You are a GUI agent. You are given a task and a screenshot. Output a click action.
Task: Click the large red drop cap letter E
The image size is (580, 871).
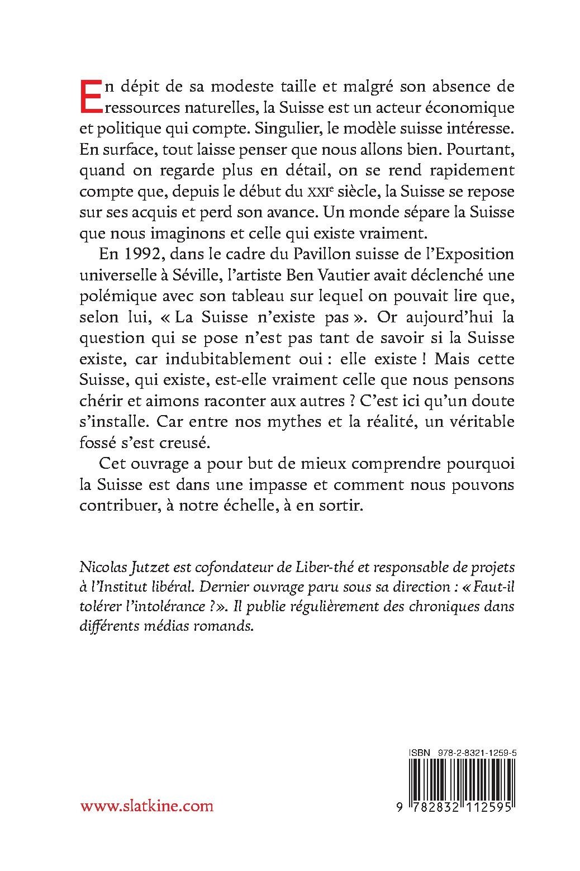pos(90,96)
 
